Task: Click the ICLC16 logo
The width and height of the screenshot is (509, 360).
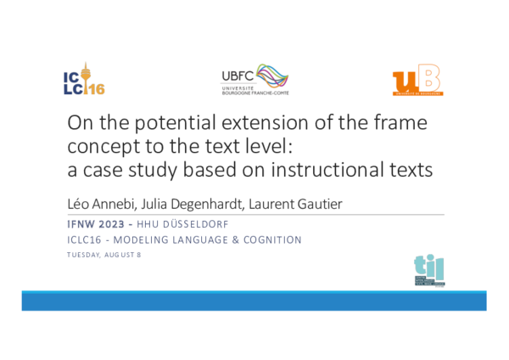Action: click(83, 79)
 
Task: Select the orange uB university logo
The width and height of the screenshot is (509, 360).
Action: click(417, 79)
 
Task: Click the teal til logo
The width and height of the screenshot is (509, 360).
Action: click(429, 270)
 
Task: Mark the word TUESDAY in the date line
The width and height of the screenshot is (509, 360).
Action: click(84, 256)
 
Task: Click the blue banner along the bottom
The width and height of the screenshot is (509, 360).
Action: click(255, 301)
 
